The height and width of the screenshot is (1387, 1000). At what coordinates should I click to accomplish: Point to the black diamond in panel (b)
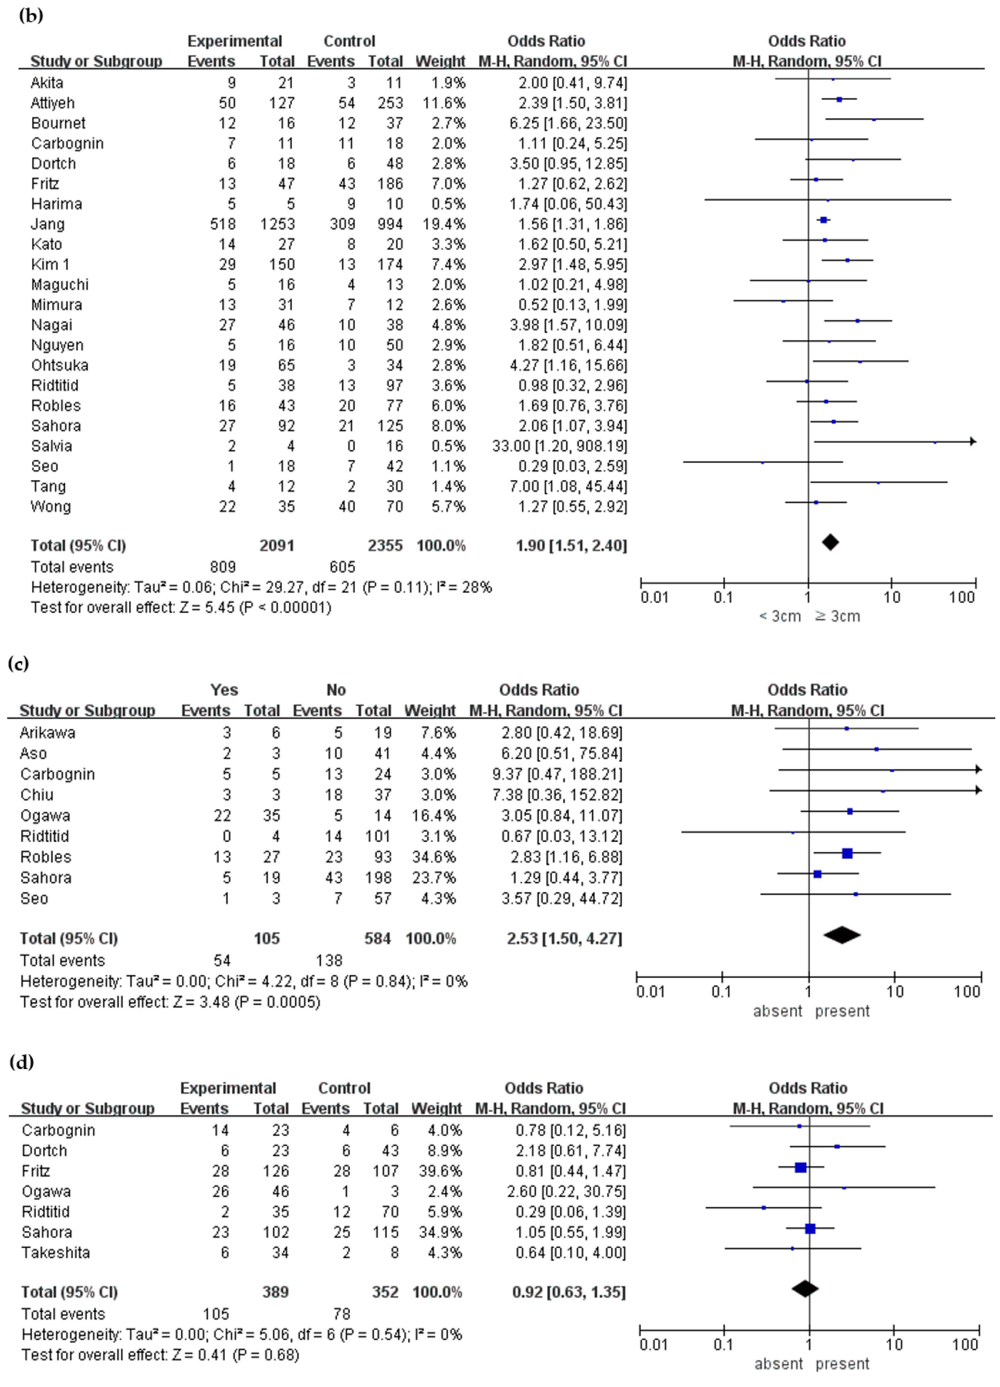pos(830,542)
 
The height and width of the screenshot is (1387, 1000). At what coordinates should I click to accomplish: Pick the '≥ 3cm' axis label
pos(837,616)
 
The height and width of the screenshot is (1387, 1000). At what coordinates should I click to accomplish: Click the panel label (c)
pos(18,663)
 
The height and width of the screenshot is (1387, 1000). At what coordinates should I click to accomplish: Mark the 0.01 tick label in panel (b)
pos(654,597)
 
